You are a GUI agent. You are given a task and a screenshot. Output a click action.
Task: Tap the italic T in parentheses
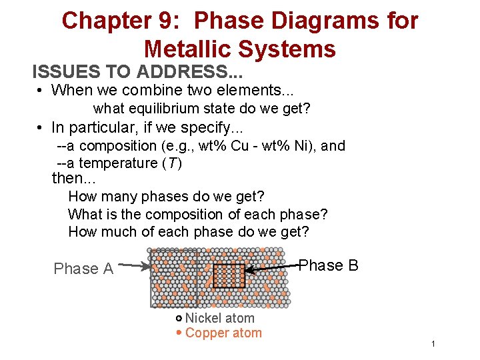pyautogui.click(x=171, y=163)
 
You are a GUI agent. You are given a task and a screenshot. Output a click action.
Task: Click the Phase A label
pyautogui.click(x=83, y=269)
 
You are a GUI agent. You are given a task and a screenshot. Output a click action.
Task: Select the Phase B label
pyautogui.click(x=328, y=265)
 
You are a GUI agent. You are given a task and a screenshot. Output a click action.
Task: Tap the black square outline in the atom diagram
pyautogui.click(x=229, y=275)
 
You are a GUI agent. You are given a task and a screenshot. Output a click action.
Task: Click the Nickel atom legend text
pyautogui.click(x=219, y=319)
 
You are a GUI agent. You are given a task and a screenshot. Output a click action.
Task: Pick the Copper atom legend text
pyautogui.click(x=223, y=333)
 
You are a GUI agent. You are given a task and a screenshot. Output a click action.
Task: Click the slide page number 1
pyautogui.click(x=433, y=344)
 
